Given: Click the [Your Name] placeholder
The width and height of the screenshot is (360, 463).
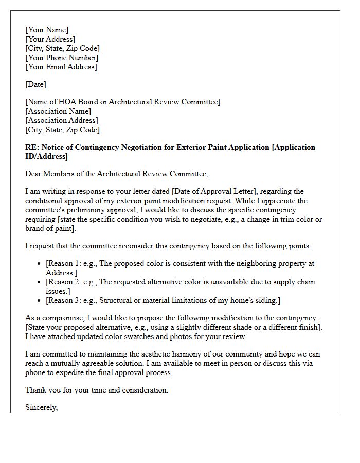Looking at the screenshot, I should tap(47, 30).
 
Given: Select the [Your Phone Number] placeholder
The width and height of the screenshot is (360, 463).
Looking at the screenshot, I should tap(61, 58).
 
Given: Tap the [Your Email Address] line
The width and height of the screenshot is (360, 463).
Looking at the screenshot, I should tap(61, 67).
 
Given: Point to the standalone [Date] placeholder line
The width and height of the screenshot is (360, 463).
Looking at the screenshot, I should tap(35, 84).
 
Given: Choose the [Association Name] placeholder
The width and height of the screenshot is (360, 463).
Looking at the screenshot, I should tap(58, 111).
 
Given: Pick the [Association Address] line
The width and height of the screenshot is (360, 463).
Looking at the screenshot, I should tap(61, 120).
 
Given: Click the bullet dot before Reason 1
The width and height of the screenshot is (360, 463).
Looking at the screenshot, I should tap(40, 264).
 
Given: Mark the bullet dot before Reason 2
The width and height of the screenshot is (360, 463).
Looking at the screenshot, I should tap(40, 282).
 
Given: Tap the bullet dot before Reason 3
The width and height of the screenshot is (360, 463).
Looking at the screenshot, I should tap(40, 301).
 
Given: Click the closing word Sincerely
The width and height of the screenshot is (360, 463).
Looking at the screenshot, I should tap(41, 407).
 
